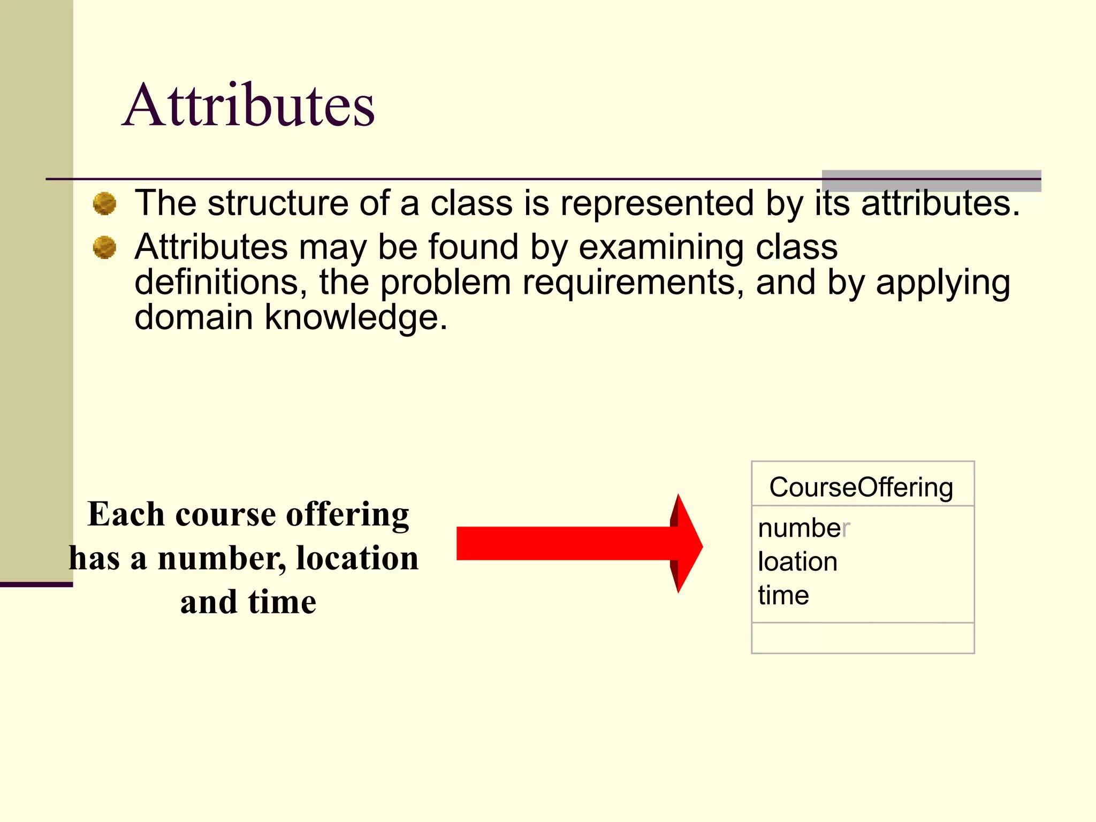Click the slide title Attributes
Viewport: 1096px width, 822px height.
tap(249, 105)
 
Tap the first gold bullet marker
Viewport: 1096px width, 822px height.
tap(104, 204)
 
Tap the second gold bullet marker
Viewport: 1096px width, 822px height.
tap(104, 248)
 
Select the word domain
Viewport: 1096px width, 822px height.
tap(194, 317)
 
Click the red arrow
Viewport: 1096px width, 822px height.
tap(578, 543)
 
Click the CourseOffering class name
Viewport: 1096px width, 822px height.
tap(861, 488)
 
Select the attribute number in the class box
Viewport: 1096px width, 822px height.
tap(803, 528)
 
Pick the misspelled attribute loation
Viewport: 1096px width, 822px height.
tap(797, 562)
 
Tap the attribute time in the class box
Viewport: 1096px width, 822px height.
tap(783, 595)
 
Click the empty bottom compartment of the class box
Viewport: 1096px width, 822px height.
tap(863, 638)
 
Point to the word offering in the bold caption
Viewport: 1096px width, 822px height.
tap(348, 515)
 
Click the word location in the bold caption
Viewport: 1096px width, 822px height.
tap(357, 558)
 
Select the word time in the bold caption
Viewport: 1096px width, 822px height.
tap(282, 602)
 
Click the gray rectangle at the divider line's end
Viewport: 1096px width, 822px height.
tap(931, 181)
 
